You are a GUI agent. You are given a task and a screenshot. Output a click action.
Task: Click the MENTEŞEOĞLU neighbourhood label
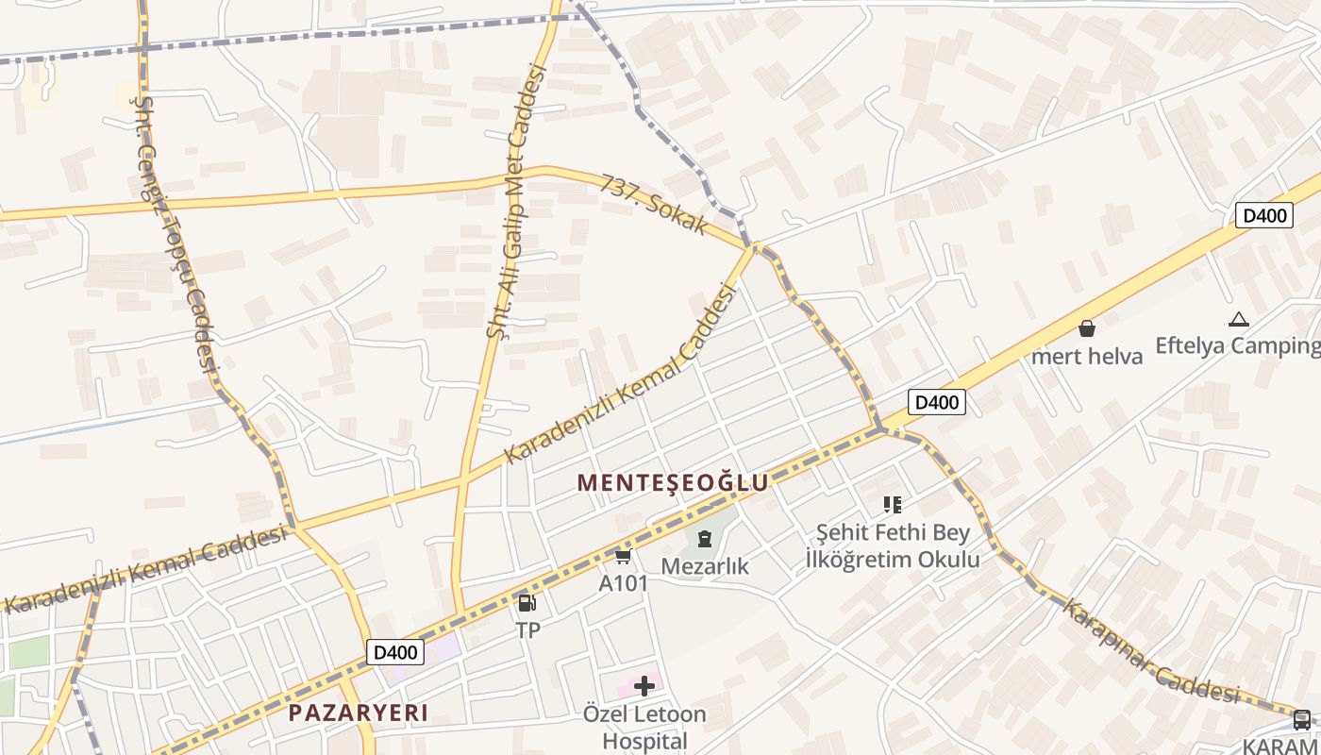(x=672, y=482)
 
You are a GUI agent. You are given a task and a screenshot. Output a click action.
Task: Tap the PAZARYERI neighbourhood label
(x=358, y=713)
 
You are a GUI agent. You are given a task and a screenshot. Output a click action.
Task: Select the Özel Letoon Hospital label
(x=644, y=727)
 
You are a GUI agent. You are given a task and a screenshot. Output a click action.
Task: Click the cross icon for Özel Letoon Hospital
(x=644, y=685)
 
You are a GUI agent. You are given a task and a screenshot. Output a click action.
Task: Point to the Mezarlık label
(x=704, y=566)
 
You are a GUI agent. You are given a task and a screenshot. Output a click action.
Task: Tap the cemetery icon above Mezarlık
(x=704, y=539)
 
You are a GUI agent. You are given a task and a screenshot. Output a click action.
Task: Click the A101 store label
(x=624, y=583)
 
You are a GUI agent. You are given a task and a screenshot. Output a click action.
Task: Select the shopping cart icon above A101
(x=623, y=557)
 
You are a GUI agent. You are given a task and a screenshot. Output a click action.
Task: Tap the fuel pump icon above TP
(x=527, y=602)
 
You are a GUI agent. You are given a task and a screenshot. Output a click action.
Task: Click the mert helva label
(x=1086, y=357)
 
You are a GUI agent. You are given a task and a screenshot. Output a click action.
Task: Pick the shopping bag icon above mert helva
(x=1087, y=328)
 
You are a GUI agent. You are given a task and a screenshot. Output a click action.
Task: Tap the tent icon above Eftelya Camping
(x=1239, y=319)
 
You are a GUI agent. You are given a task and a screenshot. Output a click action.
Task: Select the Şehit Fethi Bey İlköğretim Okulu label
(x=893, y=545)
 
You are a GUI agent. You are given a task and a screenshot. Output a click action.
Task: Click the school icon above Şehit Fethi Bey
(x=893, y=505)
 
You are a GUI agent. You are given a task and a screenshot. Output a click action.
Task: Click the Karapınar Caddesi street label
(x=1149, y=651)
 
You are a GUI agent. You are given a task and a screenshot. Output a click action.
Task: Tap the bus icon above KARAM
(x=1301, y=720)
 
